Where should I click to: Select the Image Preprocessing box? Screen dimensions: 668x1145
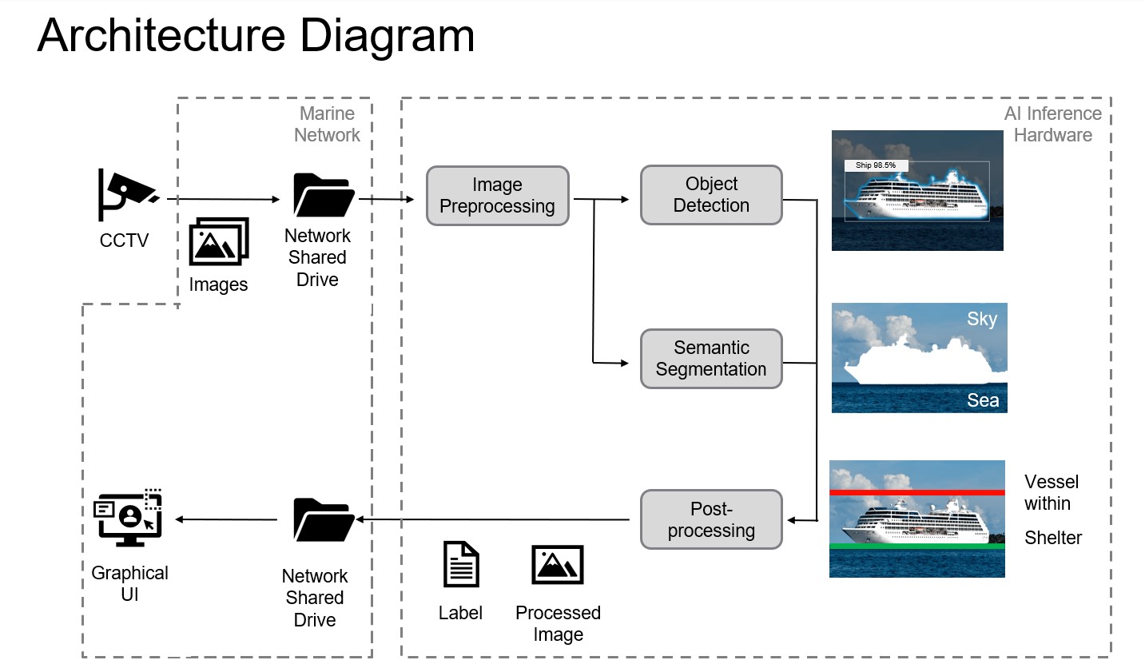[497, 196]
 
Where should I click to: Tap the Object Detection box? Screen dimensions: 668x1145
[710, 195]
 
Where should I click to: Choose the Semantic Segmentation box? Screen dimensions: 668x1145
[710, 359]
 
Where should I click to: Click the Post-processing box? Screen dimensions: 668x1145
[710, 520]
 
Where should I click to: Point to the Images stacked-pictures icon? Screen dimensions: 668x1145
[219, 241]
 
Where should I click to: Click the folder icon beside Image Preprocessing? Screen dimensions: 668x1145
[324, 196]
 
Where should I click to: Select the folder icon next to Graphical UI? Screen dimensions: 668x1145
[324, 519]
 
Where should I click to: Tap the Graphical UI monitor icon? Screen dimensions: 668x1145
[129, 519]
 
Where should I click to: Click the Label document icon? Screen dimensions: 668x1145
[461, 564]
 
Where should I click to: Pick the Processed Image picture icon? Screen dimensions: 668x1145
[558, 565]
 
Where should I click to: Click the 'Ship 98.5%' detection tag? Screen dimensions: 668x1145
[876, 165]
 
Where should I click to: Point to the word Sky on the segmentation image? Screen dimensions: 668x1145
[981, 320]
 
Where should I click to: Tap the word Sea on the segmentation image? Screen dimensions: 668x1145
[982, 400]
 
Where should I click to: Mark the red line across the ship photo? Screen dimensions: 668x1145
[916, 493]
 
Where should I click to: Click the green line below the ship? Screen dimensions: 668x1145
[916, 547]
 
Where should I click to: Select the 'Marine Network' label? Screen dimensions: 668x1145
[327, 125]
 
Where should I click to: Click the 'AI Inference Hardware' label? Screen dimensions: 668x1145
[1052, 125]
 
